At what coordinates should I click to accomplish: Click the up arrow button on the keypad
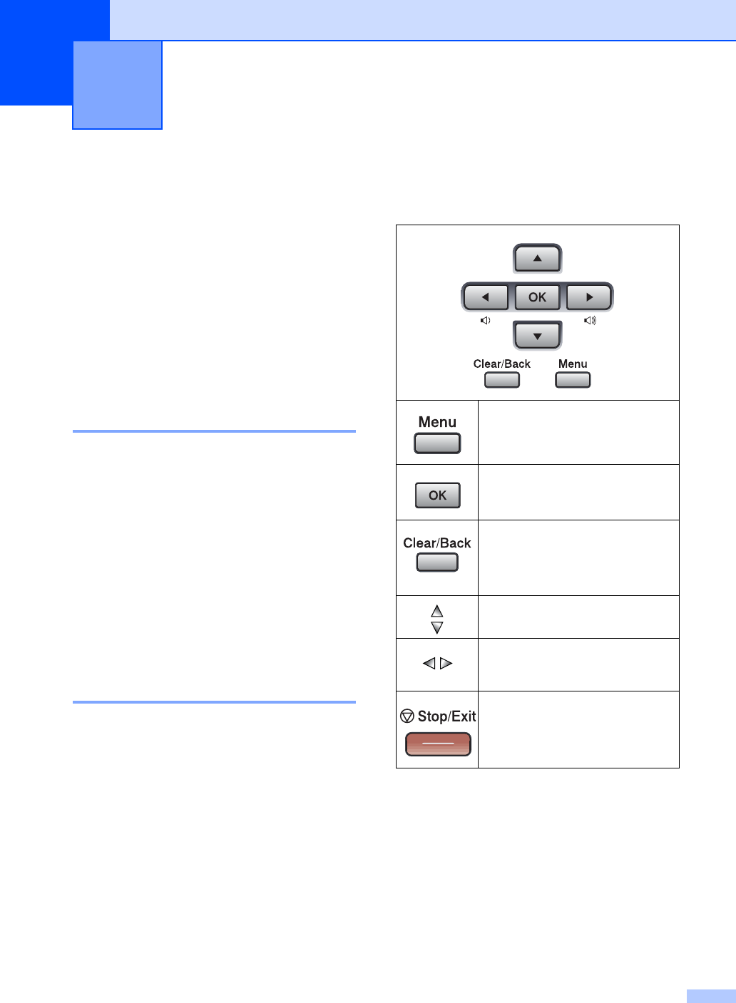538,258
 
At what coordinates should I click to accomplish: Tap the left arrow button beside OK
486,297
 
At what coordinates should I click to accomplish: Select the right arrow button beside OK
589,297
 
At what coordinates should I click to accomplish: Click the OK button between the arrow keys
538,297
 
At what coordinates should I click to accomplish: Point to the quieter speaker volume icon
485,321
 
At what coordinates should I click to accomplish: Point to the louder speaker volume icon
590,321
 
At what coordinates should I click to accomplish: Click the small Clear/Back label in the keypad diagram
502,364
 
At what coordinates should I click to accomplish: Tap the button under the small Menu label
573,380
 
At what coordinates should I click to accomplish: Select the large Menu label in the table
437,422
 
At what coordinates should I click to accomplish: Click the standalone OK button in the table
438,495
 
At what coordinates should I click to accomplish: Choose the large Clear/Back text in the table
437,543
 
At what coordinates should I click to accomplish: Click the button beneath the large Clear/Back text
437,562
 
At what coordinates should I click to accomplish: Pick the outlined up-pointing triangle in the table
437,611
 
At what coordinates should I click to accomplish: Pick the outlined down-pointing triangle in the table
437,627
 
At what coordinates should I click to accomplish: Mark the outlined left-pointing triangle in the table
429,664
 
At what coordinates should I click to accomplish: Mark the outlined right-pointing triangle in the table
446,664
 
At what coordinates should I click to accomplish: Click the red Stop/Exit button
438,744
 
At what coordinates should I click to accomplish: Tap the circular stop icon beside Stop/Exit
407,716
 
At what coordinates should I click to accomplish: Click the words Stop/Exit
447,716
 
